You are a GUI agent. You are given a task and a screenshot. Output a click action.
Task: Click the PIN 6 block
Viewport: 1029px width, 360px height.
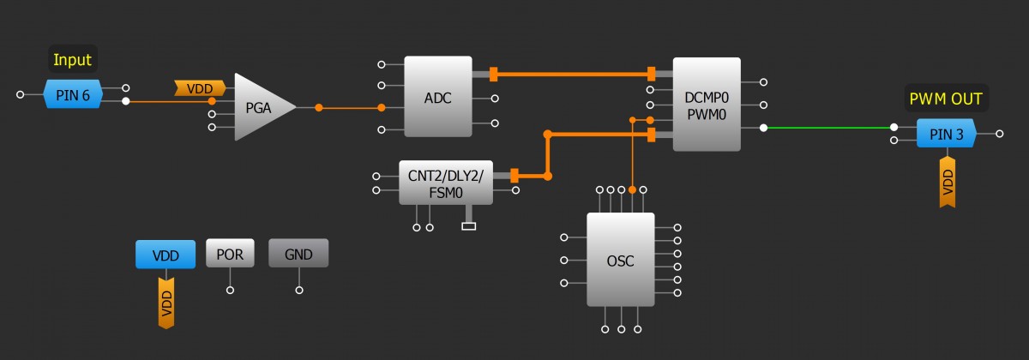point(73,94)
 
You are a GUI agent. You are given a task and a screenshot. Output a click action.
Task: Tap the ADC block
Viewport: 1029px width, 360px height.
point(437,96)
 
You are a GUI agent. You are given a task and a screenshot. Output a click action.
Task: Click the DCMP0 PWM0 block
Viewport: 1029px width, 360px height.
point(707,104)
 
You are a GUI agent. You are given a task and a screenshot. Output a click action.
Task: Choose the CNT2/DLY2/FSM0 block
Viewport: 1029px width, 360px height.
point(446,182)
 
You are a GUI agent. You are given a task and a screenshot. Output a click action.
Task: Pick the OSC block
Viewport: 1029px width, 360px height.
point(620,260)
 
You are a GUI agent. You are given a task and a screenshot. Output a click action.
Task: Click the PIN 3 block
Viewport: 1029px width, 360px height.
point(946,134)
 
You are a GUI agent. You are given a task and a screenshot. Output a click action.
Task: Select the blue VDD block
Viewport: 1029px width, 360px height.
point(165,255)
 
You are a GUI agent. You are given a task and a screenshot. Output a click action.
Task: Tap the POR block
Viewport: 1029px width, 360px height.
point(230,254)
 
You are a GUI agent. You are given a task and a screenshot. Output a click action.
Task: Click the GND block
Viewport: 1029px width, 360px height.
point(298,254)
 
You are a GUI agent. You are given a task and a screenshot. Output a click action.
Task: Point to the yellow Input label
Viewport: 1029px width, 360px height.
point(72,60)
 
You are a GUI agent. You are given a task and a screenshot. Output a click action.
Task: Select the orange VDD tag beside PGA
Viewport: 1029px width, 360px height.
point(200,87)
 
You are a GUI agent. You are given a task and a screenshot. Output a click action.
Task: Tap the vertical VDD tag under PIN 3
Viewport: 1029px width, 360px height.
point(948,183)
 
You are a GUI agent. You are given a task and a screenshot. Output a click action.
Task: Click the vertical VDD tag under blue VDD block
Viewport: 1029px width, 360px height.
point(166,303)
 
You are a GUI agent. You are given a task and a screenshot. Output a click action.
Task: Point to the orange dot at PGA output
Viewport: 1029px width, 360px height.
point(318,108)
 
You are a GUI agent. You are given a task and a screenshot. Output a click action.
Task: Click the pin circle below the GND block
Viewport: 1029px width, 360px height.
point(298,290)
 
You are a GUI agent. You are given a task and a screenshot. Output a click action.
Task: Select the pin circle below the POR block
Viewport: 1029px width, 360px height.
point(230,290)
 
